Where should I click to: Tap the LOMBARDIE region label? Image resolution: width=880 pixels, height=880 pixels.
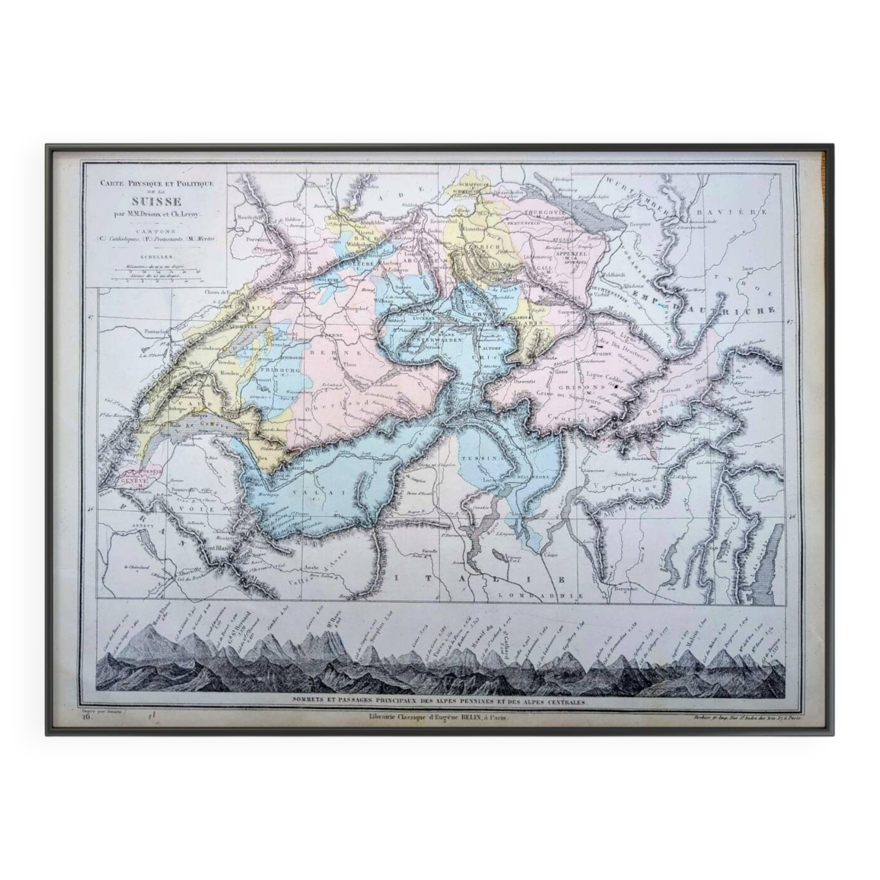pyautogui.click(x=535, y=595)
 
